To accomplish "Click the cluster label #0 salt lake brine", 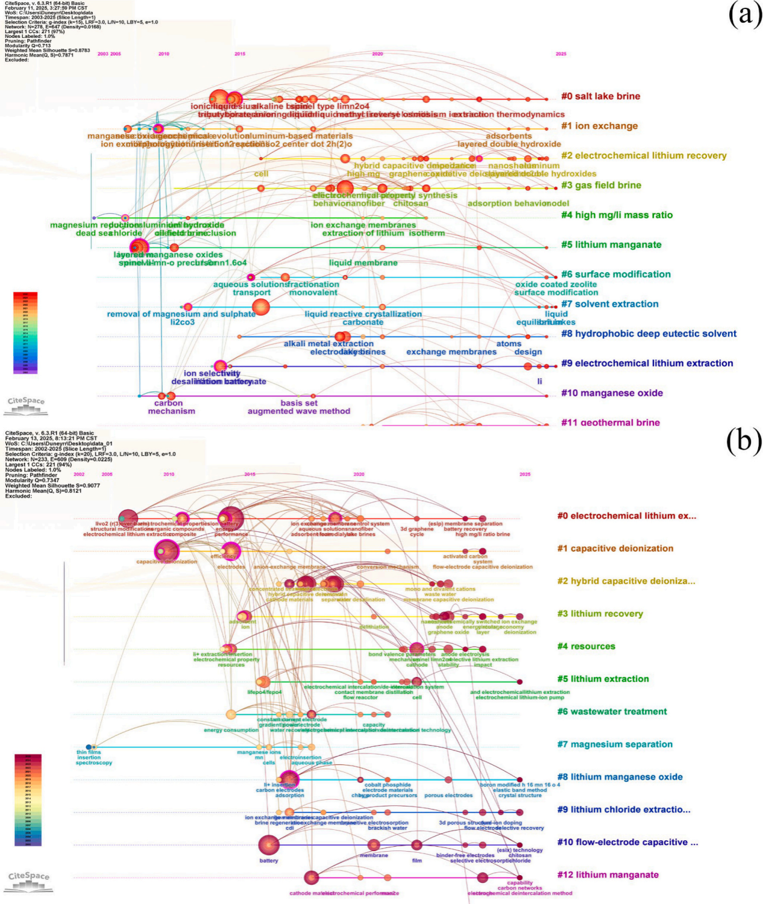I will (600, 96).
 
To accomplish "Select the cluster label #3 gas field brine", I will (601, 185).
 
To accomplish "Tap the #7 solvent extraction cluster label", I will (609, 304).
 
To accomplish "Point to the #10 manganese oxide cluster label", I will (612, 393).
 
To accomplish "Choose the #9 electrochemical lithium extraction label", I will (647, 363).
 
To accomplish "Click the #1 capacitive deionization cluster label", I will (615, 549).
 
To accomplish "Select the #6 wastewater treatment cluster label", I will (612, 712).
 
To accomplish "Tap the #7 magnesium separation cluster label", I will (614, 744).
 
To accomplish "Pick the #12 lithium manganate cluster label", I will (608, 875).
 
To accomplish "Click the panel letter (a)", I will (745, 14).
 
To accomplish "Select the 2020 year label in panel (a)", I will (377, 54).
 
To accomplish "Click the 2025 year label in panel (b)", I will (525, 475).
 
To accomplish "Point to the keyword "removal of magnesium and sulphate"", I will (181, 314).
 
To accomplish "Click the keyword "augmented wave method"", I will (298, 411).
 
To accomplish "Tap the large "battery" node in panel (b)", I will (269, 845).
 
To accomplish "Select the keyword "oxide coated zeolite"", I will (556, 285).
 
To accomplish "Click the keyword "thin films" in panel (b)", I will (89, 752).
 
